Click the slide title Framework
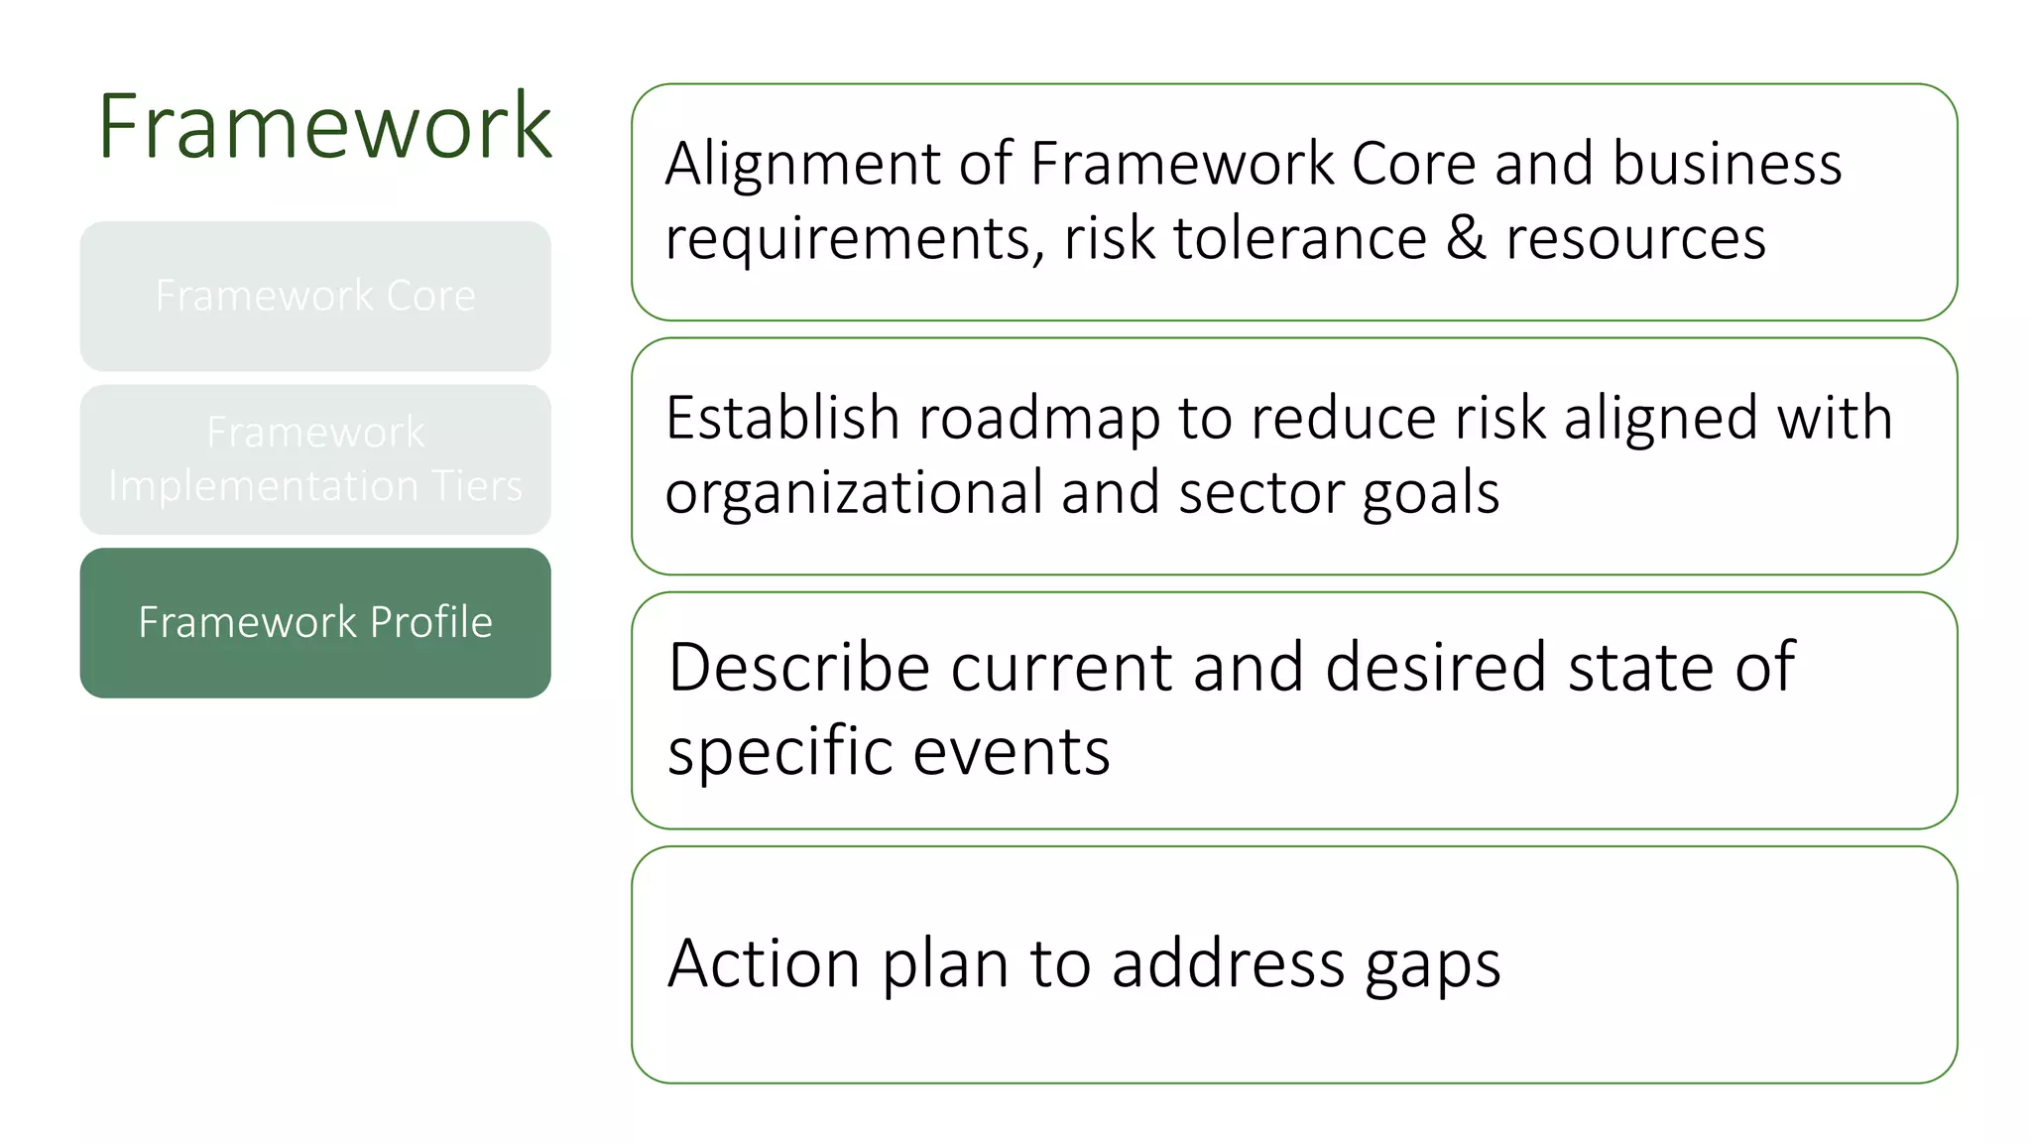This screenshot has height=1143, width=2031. coord(324,126)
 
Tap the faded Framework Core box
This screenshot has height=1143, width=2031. coord(315,296)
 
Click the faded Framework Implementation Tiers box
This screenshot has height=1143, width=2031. coord(315,459)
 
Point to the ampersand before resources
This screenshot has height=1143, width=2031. coord(1466,239)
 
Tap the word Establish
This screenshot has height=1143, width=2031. coord(781,418)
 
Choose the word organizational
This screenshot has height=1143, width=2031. coord(853,493)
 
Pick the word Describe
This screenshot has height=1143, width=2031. coord(798,667)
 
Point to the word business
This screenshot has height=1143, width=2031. coord(1727,164)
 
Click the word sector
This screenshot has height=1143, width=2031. coord(1259,493)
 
